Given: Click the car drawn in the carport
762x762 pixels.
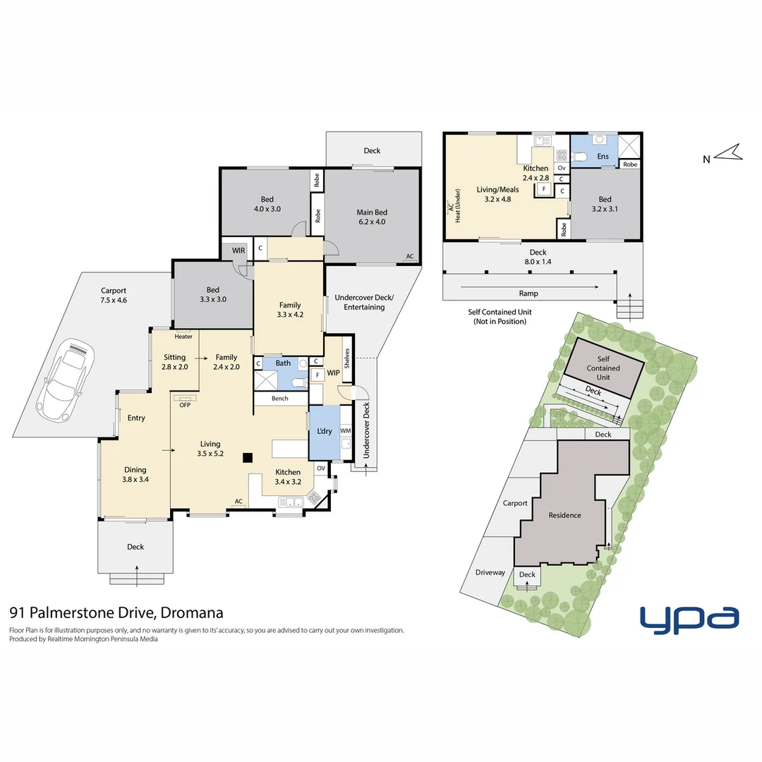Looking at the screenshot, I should click(65, 378).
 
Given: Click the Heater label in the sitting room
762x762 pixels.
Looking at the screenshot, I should click(183, 337).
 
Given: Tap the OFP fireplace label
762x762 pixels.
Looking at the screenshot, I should click(185, 404).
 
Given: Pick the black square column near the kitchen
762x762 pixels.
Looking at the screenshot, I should click(248, 457).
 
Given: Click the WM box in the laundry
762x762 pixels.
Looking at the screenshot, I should click(345, 430).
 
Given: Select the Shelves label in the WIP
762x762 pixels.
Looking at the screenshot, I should click(346, 359).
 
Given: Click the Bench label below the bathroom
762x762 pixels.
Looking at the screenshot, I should click(280, 399).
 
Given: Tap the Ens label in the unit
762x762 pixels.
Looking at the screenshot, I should click(603, 156).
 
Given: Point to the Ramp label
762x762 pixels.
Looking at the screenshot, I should click(528, 294).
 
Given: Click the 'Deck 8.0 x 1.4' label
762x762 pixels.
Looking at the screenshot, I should click(538, 257).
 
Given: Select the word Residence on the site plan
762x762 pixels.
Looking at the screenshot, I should click(565, 515).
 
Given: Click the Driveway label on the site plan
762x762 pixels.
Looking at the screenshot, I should click(490, 572).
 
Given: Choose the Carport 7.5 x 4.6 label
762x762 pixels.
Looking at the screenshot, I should click(114, 295).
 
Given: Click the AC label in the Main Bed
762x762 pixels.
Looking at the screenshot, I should click(409, 257).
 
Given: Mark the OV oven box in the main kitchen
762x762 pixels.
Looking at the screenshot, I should click(320, 468).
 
